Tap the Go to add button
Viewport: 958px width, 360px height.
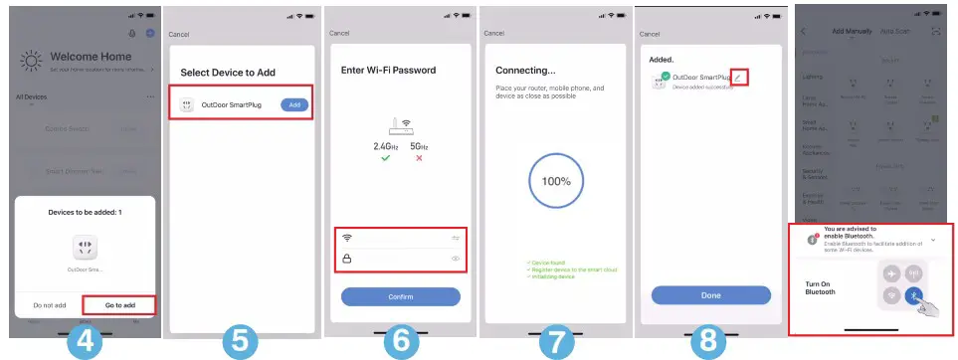[x=118, y=305]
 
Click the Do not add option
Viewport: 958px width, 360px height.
[x=50, y=305]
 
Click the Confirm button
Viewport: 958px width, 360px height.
[x=400, y=296]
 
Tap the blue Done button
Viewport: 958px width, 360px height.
[x=710, y=295]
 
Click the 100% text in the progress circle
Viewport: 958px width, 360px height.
[x=556, y=182]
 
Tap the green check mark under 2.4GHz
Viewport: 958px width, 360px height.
[x=372, y=157]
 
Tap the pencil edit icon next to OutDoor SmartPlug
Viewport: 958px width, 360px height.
[x=738, y=77]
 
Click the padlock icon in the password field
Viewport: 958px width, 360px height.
[x=347, y=259]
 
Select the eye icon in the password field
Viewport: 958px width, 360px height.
[x=455, y=259]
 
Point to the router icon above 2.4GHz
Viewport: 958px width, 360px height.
[x=399, y=124]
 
